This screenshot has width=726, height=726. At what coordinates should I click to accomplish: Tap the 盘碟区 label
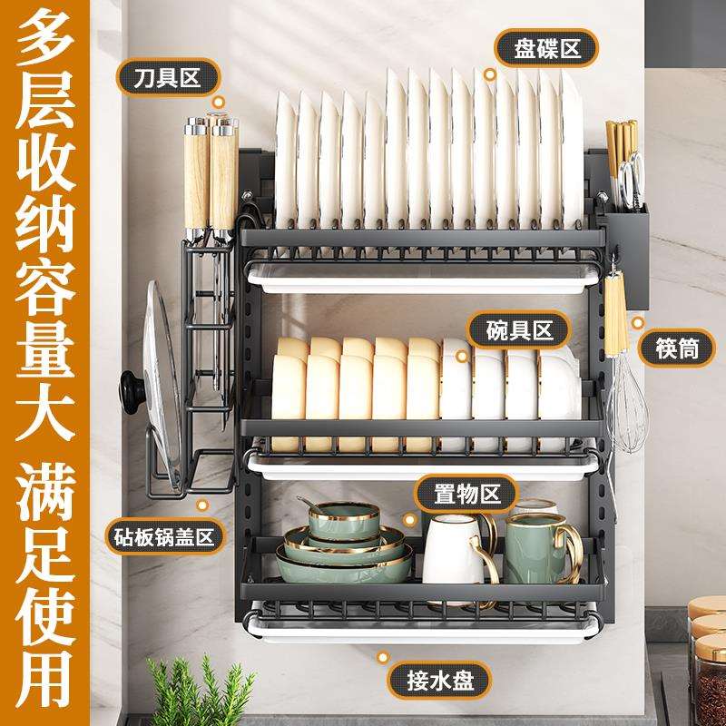(544, 46)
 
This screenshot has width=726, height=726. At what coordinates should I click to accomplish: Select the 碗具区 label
(517, 329)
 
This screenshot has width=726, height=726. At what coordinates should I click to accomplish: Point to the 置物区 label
(466, 495)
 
